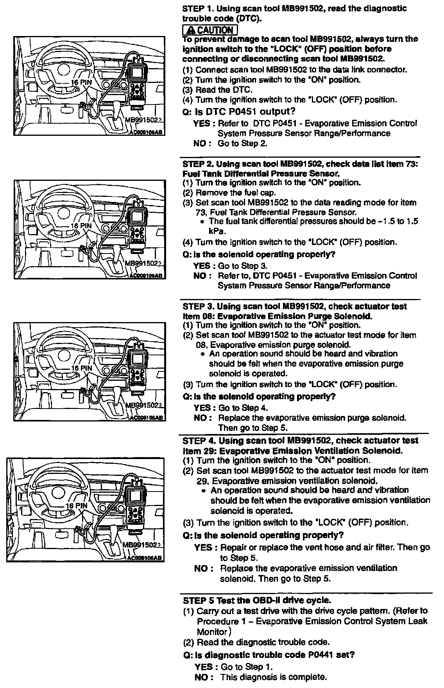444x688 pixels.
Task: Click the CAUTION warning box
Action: [x=210, y=30]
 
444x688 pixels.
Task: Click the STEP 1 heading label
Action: [x=197, y=9]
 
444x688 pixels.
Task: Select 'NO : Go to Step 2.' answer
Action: [x=231, y=144]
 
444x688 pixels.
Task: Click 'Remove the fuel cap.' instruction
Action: [x=236, y=193]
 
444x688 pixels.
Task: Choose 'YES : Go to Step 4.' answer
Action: [x=231, y=407]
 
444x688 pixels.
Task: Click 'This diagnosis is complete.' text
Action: [x=274, y=677]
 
